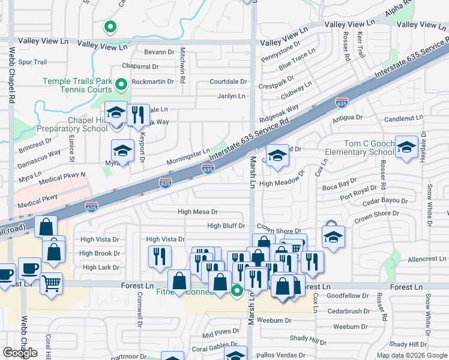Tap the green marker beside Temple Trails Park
(121, 85)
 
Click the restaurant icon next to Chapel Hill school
(138, 115)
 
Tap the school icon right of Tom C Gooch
(406, 147)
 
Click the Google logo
(20, 353)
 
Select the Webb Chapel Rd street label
(11, 102)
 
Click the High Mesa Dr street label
(197, 212)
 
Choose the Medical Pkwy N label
(62, 178)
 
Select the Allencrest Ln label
(427, 259)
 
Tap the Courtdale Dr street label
(228, 82)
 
